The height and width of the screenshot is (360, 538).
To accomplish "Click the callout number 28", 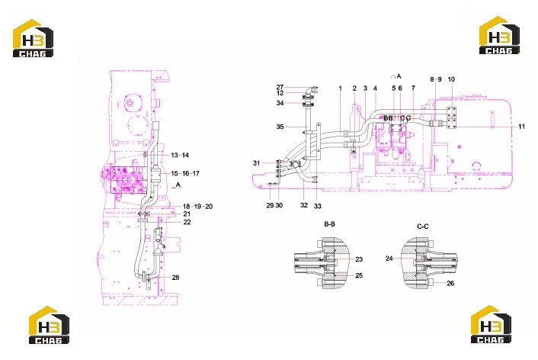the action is point(175,278).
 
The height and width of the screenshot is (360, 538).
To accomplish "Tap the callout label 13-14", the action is point(180,156).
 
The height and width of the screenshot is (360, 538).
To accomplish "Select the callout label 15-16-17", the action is point(185,173).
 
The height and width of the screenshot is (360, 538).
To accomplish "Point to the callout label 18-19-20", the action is point(197,207).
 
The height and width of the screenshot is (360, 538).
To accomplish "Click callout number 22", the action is point(187,222).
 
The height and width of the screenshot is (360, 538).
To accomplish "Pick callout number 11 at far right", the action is point(521,127).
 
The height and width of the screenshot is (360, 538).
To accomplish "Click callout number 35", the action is point(280,127).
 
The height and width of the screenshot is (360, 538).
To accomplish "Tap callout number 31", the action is point(256,163).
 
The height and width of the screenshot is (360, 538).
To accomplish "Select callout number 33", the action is point(318,206).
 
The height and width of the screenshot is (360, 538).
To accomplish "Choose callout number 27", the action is point(280,87).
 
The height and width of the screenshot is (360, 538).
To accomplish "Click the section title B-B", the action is point(330,224).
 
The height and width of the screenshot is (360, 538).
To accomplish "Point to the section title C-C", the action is point(423,227).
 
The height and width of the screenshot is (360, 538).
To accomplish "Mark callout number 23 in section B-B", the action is point(359,259).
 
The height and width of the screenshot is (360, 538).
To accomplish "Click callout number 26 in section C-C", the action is point(450,284).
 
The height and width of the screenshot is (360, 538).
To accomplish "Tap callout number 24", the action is point(389,259).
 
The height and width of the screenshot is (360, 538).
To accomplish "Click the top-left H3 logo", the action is point(34,38).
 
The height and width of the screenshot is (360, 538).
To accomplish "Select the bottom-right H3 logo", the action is point(491,324).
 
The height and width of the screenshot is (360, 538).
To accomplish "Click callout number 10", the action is point(451,79).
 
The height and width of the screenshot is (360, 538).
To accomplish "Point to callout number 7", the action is point(413,88).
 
